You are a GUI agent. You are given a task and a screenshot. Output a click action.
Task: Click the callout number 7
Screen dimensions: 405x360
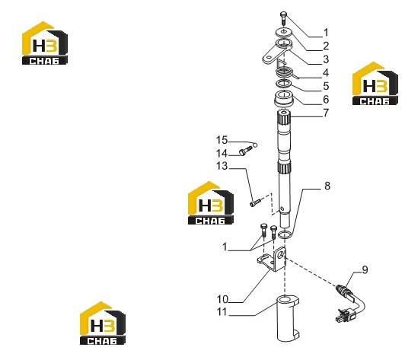click(x=327, y=113)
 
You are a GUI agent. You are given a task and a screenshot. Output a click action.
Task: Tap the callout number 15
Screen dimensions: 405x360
click(x=222, y=140)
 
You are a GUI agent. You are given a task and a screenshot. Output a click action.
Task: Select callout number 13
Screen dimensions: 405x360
click(x=222, y=166)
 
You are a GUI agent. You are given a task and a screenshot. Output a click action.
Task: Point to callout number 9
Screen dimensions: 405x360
click(x=365, y=270)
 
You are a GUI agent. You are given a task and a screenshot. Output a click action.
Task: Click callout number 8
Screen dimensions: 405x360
click(x=327, y=186)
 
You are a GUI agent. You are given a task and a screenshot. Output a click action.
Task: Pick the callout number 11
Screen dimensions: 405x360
click(x=222, y=312)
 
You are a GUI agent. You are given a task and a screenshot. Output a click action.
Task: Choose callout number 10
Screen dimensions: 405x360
click(x=222, y=300)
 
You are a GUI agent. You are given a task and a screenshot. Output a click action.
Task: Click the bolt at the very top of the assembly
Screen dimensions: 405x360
click(x=284, y=18)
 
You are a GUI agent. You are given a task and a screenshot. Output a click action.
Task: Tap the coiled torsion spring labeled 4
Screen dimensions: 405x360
click(x=285, y=70)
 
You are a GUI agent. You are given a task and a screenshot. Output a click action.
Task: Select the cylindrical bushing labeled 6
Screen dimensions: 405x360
click(x=284, y=99)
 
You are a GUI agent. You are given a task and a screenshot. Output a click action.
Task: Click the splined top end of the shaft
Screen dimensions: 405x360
click(x=284, y=116)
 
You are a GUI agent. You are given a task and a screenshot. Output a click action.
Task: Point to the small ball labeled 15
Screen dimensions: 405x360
click(x=255, y=145)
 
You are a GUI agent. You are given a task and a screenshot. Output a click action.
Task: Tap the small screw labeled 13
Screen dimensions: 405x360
click(x=255, y=202)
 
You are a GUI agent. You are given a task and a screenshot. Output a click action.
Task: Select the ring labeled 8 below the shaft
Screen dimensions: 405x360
click(x=285, y=234)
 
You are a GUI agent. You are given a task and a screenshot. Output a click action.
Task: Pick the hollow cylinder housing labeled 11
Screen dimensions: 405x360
click(x=287, y=318)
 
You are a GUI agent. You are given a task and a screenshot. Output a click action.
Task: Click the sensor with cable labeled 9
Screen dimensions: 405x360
click(x=350, y=303)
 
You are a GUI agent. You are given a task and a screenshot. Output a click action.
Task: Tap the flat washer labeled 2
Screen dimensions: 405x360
click(x=284, y=32)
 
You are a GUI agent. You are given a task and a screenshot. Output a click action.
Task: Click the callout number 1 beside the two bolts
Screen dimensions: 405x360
click(x=225, y=247)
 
